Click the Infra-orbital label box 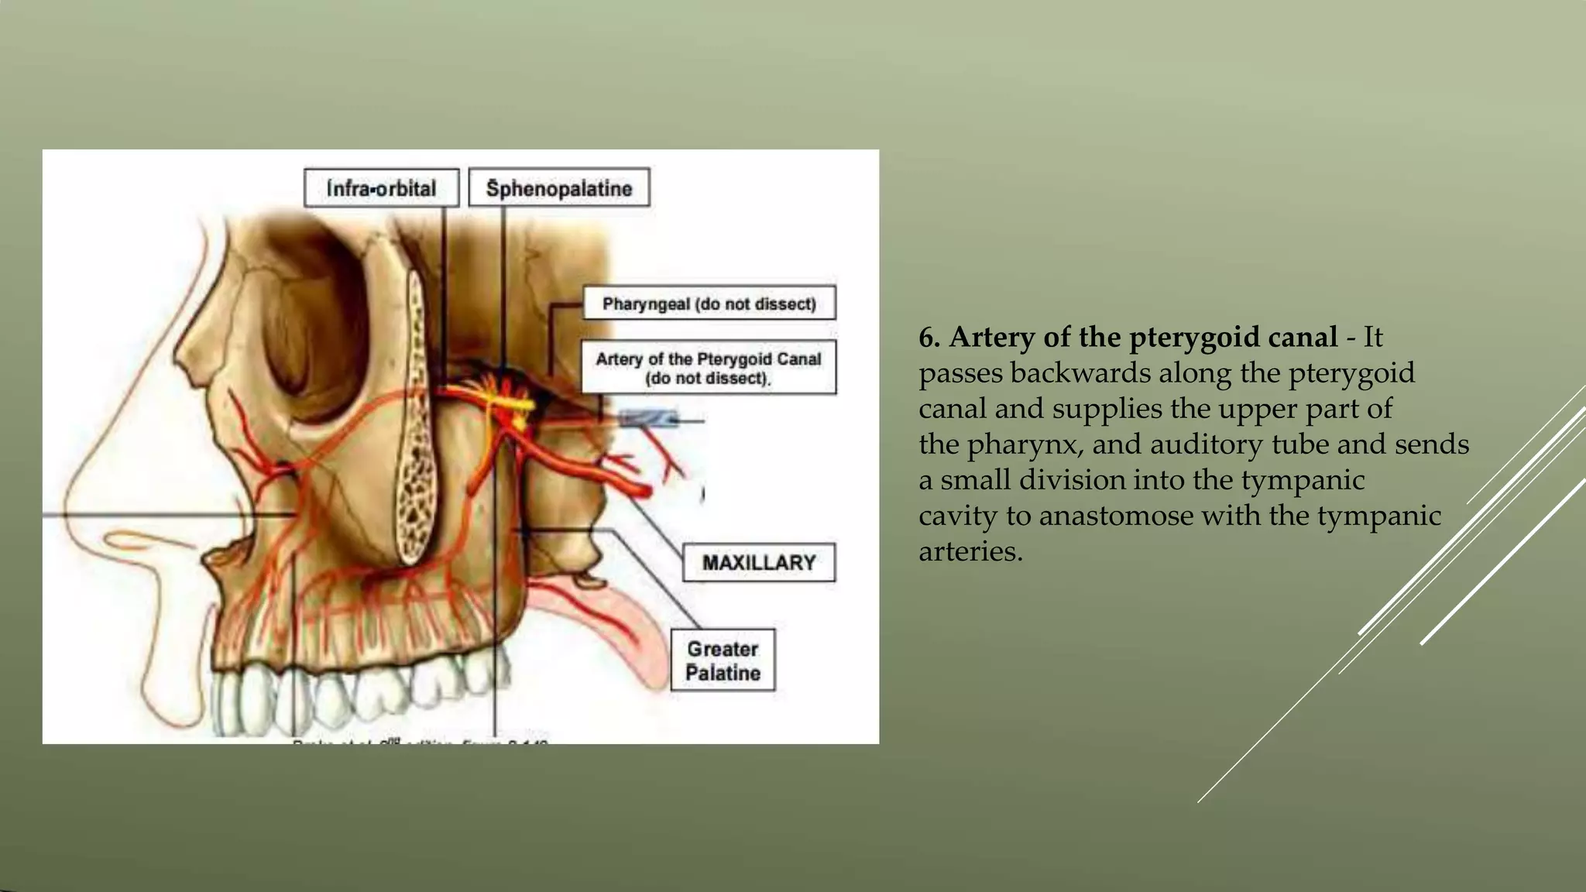click(381, 188)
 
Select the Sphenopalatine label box click(558, 188)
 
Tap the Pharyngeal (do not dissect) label click(709, 304)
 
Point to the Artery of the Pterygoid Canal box click(708, 368)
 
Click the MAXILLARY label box click(758, 563)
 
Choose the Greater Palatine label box click(723, 660)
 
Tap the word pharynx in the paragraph click(1025, 444)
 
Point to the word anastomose click(1115, 516)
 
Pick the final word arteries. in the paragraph click(970, 551)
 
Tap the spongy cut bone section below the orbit click(416, 434)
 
